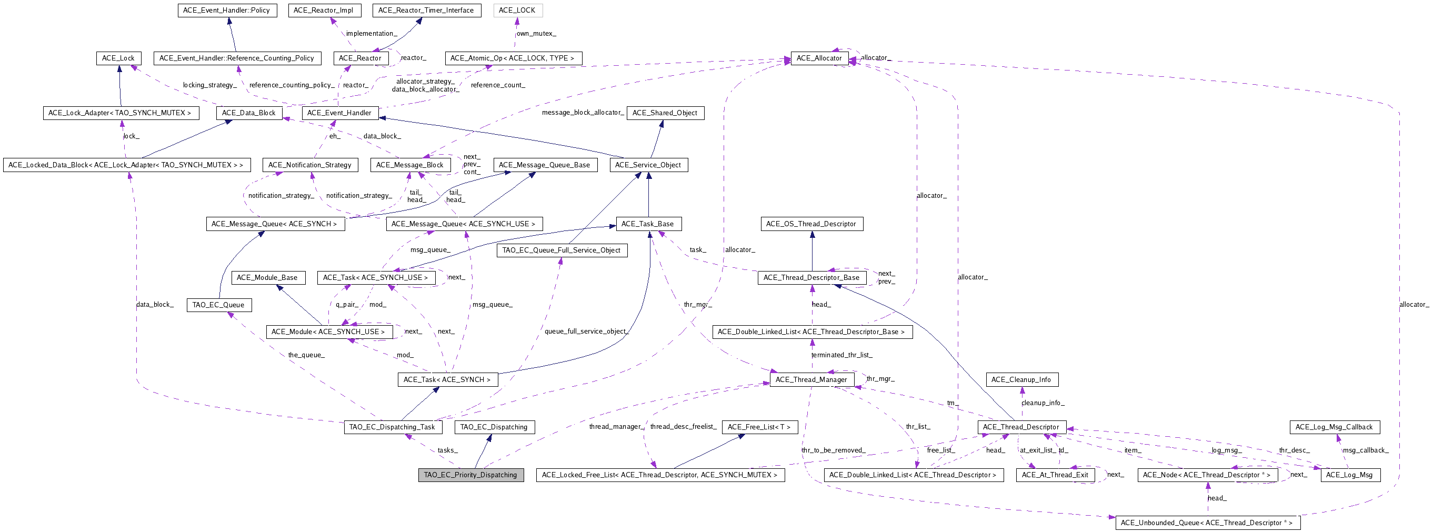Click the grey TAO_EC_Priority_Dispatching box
tap(470, 475)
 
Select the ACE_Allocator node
tap(819, 58)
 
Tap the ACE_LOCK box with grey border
tap(517, 10)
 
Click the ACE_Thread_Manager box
tap(811, 379)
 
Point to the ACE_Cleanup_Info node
tap(1021, 379)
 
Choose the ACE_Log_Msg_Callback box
tap(1334, 427)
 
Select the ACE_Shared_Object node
tap(665, 113)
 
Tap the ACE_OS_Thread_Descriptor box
tap(811, 224)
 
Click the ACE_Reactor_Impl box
tap(323, 10)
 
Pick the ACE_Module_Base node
tap(267, 277)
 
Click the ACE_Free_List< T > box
tap(759, 427)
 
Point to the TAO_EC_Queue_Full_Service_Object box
tap(562, 250)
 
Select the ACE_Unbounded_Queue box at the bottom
tap(1207, 523)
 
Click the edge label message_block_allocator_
tap(583, 113)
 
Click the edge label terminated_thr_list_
tap(841, 355)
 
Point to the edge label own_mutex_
tap(536, 33)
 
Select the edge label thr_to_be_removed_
tap(833, 450)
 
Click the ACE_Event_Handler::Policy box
tap(226, 10)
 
